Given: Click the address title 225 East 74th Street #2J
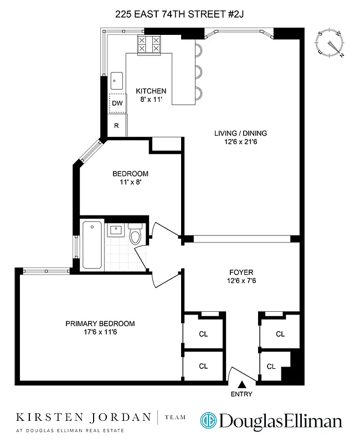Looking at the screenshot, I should [x=179, y=16].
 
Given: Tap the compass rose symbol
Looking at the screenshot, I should [x=331, y=44].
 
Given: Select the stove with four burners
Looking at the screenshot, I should [x=150, y=44].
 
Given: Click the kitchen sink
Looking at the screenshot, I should [x=116, y=81].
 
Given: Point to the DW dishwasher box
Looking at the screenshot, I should [x=117, y=103].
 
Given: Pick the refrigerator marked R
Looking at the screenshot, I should [x=117, y=126].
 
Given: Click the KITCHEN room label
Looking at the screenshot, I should [x=151, y=91].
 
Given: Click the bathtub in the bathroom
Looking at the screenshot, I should [x=92, y=245].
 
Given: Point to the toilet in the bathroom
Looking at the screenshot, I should [x=135, y=234].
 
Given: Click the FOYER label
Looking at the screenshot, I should [x=241, y=272].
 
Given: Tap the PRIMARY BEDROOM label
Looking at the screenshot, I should [x=100, y=323].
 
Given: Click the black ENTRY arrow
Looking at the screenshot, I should [x=241, y=384].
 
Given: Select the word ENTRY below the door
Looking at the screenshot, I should [x=241, y=394].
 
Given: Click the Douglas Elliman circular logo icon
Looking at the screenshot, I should [x=209, y=421].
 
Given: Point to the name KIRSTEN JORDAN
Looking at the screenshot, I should [x=83, y=417].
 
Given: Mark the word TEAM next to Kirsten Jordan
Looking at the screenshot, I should [x=176, y=418].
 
